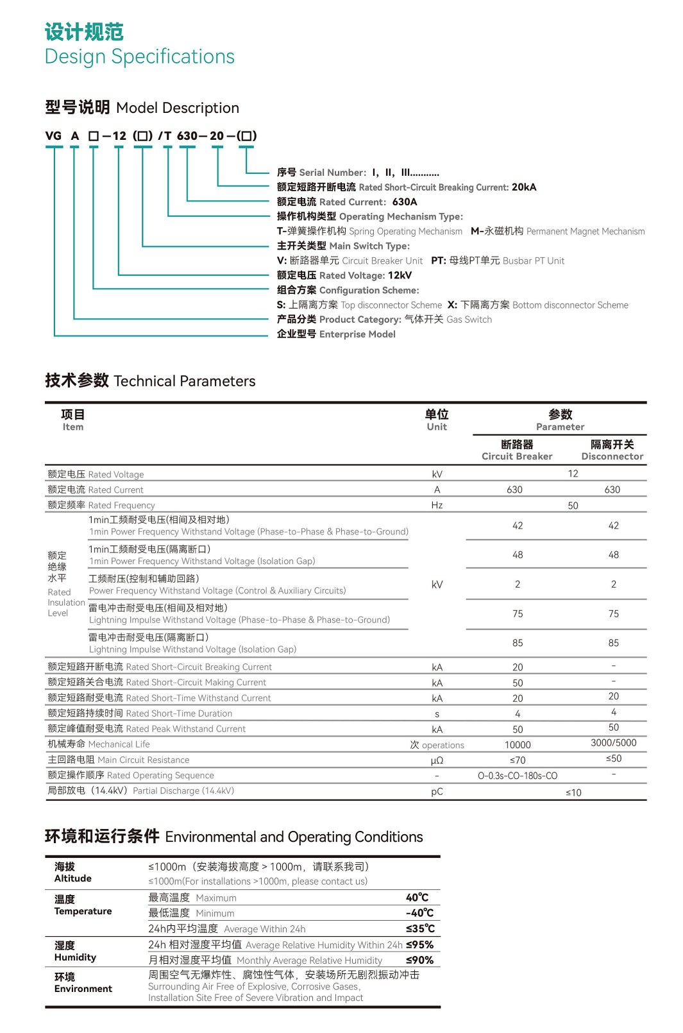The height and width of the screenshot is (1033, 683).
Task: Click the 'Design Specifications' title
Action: click(x=139, y=56)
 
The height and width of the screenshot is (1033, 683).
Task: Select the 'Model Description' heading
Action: click(x=177, y=108)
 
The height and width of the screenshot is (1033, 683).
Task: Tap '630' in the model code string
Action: click(x=187, y=136)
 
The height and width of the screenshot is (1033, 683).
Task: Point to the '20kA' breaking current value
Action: click(x=524, y=187)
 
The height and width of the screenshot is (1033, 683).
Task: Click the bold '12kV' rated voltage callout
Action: click(x=400, y=275)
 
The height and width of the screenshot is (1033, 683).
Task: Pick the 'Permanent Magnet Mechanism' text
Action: click(x=585, y=232)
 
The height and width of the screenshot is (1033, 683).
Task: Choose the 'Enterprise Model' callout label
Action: click(x=357, y=334)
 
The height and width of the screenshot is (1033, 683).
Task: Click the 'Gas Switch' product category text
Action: click(x=469, y=320)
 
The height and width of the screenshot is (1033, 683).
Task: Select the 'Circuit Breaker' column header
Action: click(x=517, y=456)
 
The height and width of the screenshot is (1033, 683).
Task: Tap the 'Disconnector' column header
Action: click(x=612, y=456)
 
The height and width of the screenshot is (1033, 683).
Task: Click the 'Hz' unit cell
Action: click(x=437, y=506)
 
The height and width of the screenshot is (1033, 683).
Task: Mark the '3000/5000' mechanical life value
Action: click(x=613, y=743)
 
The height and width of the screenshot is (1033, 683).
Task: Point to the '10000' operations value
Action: click(x=518, y=745)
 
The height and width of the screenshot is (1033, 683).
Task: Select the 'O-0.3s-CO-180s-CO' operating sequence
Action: click(x=518, y=776)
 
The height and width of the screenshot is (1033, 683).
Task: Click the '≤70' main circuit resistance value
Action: click(x=518, y=760)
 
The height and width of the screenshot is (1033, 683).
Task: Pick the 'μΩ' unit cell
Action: click(x=437, y=760)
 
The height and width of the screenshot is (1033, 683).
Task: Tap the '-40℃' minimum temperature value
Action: click(x=419, y=913)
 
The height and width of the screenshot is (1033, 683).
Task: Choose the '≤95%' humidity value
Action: click(x=419, y=944)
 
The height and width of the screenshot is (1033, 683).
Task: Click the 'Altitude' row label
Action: click(x=72, y=878)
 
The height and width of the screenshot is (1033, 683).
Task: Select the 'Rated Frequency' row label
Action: click(x=121, y=506)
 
